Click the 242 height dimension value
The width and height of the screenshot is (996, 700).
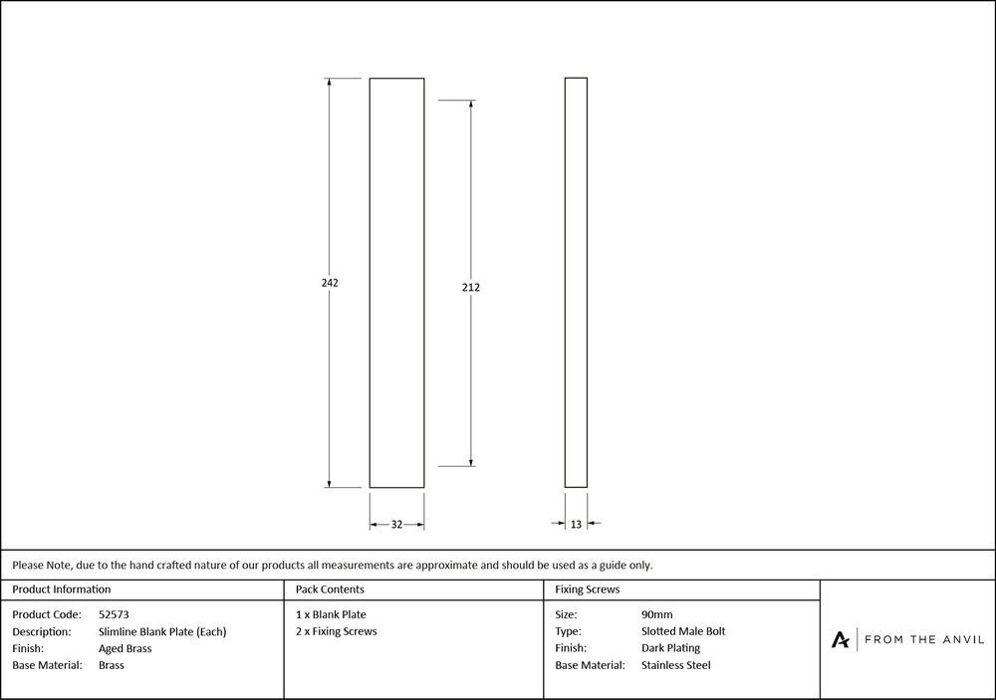[330, 283]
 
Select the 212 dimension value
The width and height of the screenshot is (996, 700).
[471, 288]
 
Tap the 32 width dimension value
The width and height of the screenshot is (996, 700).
[396, 524]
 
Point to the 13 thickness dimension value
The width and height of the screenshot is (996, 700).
[576, 524]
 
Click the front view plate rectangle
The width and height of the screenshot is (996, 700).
[396, 283]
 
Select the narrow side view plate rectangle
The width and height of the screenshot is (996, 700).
[576, 283]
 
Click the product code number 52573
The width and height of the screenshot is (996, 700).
[115, 614]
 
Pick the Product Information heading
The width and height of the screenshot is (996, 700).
[62, 589]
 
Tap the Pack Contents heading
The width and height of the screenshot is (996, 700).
[330, 589]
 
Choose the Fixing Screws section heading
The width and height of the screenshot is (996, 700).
[588, 589]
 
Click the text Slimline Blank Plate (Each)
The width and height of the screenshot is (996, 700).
[162, 631]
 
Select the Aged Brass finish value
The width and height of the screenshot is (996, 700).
[125, 648]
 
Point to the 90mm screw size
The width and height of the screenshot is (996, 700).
[657, 614]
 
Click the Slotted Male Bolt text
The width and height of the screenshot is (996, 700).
[683, 631]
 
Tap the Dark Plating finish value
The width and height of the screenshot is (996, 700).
[670, 648]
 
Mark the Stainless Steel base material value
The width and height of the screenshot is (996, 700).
[676, 665]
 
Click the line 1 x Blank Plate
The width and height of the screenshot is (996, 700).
[332, 614]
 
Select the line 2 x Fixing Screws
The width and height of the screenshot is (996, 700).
[337, 631]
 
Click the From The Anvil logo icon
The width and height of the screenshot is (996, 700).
[841, 639]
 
